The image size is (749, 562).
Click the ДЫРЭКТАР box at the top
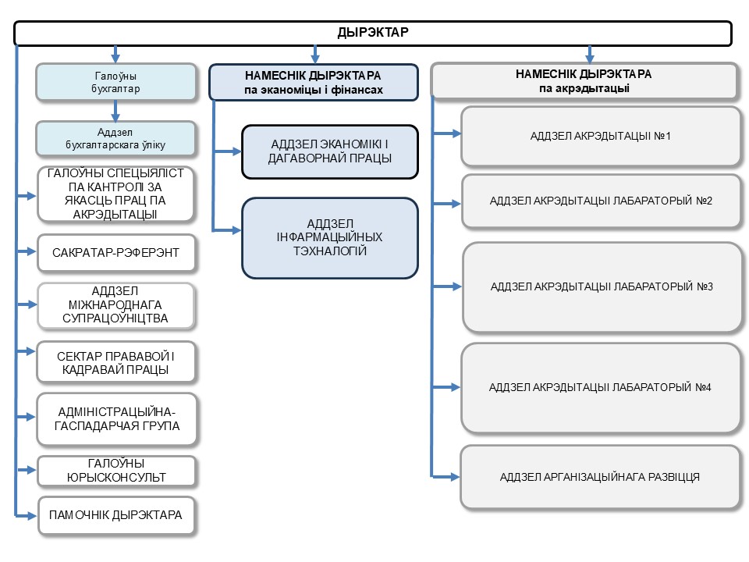[373, 33]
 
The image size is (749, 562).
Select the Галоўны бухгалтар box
[115, 82]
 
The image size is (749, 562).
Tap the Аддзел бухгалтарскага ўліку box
[115, 139]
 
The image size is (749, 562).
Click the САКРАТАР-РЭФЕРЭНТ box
[116, 253]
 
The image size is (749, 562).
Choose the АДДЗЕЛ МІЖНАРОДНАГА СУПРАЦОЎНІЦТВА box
[115, 305]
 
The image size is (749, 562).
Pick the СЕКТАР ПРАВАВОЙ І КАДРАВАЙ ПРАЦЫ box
[116, 363]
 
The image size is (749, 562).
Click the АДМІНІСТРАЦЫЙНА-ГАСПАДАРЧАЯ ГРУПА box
[116, 419]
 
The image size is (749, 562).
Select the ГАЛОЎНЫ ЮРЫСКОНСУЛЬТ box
[116, 471]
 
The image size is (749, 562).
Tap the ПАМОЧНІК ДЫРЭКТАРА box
[116, 515]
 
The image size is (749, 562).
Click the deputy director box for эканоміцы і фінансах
[314, 82]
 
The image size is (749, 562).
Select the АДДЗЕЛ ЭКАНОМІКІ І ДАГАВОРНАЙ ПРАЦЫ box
[329, 152]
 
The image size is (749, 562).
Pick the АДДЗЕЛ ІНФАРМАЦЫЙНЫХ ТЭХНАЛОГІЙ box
[329, 238]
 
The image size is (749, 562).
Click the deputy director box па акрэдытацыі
[584, 80]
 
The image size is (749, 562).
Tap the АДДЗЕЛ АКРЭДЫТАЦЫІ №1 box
[601, 136]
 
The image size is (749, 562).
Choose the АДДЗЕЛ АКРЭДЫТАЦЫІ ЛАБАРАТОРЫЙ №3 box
[602, 286]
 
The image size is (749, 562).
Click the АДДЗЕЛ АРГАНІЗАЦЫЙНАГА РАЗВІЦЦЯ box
[600, 477]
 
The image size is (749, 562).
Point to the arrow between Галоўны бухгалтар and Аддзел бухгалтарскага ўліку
[115, 111]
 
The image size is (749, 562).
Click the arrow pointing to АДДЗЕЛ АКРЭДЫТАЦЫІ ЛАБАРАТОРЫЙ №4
[446, 387]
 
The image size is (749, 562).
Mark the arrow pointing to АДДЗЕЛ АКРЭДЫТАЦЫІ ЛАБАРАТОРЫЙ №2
[446, 204]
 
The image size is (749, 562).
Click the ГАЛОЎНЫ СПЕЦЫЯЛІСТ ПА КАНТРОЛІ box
[115, 194]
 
